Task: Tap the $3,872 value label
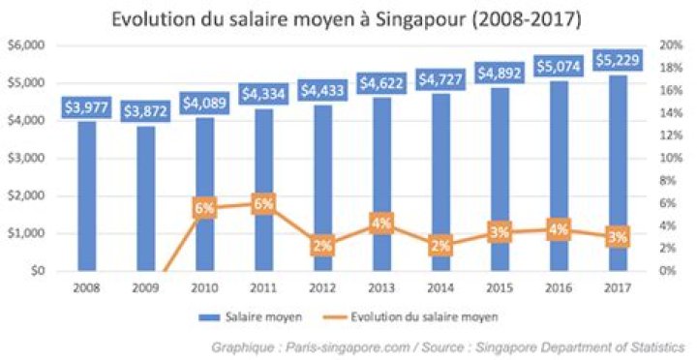(x=145, y=110)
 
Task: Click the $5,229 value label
(x=617, y=59)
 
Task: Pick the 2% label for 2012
(x=322, y=246)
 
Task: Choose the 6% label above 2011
(x=263, y=203)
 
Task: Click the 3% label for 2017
(x=618, y=236)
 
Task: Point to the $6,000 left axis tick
(x=26, y=45)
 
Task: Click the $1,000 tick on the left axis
(x=26, y=233)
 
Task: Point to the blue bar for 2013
(x=381, y=184)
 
